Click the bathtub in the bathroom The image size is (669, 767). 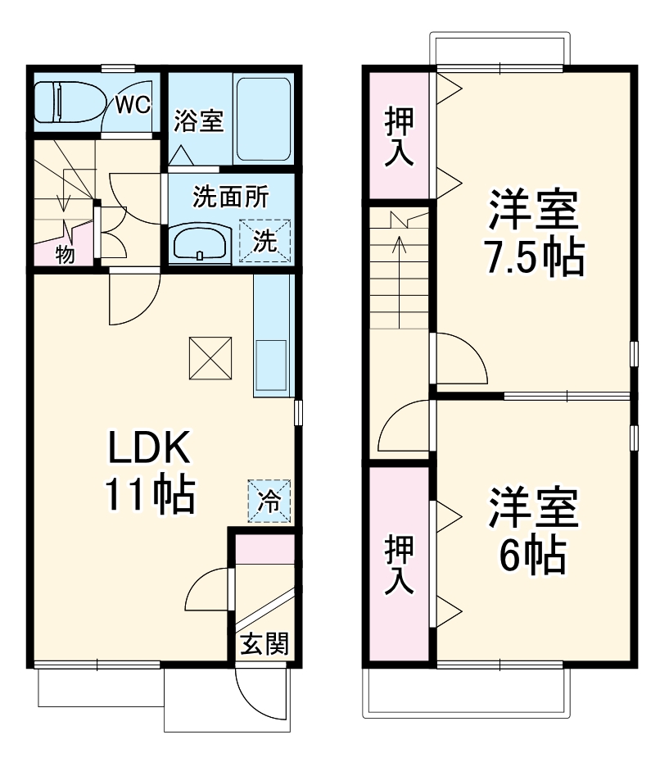(x=262, y=119)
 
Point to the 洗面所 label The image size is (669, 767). (x=230, y=197)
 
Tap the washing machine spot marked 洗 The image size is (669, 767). (x=264, y=241)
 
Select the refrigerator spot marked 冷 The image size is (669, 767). (x=269, y=500)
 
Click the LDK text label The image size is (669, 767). (x=150, y=447)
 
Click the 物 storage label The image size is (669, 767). (x=65, y=254)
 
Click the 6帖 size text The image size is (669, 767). (x=533, y=556)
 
